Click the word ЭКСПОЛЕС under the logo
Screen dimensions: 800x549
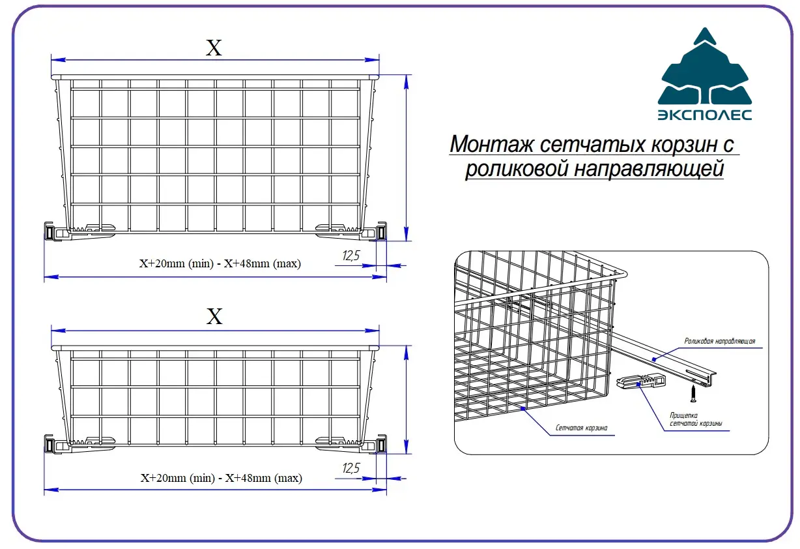tap(705, 115)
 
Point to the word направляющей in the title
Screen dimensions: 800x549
tap(649, 168)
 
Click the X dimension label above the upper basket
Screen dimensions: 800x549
tap(214, 48)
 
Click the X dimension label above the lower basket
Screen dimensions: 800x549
tap(214, 316)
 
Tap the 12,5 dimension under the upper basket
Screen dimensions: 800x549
tap(350, 256)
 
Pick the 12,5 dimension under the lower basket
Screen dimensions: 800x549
tap(350, 468)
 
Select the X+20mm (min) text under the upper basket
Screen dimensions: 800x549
tap(177, 263)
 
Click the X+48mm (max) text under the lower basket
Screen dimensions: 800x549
tap(264, 478)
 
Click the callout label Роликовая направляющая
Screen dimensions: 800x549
tap(719, 341)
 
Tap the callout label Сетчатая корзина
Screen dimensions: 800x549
tap(581, 428)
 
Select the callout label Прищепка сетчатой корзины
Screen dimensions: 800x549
tap(695, 419)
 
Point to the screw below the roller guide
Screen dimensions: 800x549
tap(693, 393)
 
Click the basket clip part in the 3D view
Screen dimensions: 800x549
tap(641, 381)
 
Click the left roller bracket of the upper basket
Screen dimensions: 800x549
tap(49, 231)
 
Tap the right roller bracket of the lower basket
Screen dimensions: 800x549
tap(381, 444)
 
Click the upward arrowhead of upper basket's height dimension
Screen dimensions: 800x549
tap(406, 82)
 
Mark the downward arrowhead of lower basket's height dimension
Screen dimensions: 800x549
tap(406, 447)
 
